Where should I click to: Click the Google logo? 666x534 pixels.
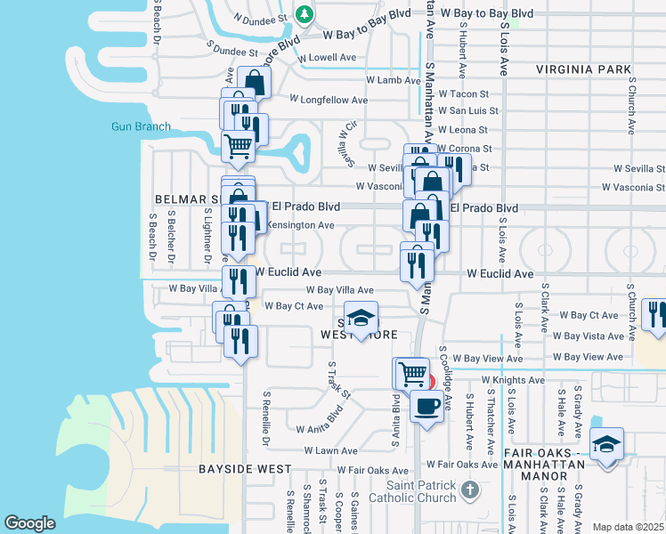(x=30, y=523)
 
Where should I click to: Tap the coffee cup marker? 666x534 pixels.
(x=426, y=408)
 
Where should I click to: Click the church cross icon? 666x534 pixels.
(x=471, y=488)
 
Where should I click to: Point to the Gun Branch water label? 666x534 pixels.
(x=141, y=126)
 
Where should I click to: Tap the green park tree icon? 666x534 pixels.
(x=305, y=14)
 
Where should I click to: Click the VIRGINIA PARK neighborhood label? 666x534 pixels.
(x=583, y=69)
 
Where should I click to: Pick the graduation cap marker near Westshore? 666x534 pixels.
(x=361, y=319)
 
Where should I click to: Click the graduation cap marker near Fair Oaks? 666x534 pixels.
(x=606, y=443)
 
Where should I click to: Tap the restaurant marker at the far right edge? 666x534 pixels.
(x=656, y=315)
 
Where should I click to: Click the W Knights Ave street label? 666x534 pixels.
(x=512, y=380)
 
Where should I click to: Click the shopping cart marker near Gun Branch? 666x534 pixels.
(x=238, y=145)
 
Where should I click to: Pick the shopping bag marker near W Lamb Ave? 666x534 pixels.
(x=254, y=83)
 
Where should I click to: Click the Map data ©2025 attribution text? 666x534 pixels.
(x=628, y=527)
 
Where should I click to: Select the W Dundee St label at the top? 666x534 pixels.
(x=261, y=17)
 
